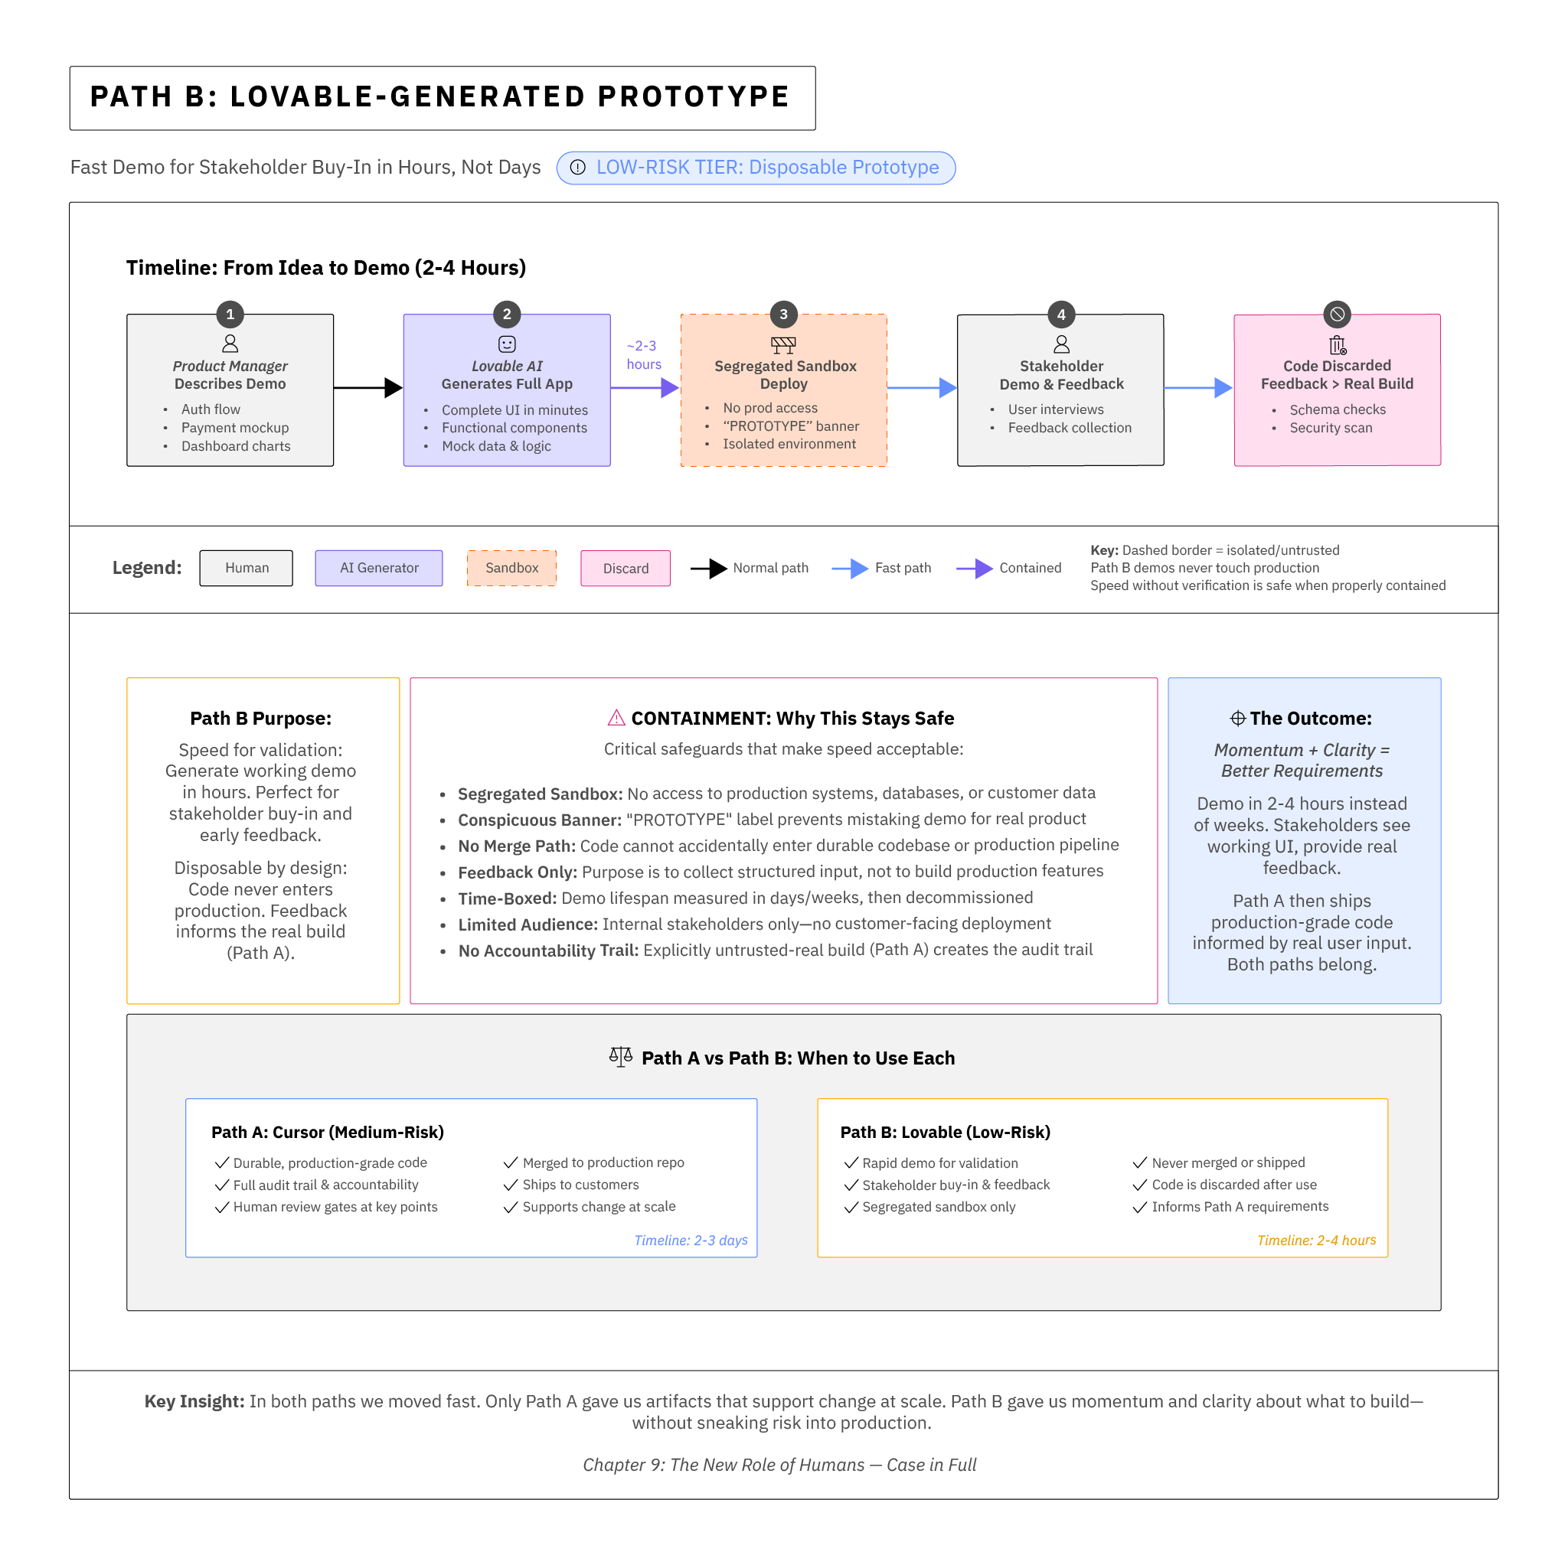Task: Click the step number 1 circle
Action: (230, 314)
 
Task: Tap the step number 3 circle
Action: (783, 314)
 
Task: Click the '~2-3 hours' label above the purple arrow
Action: (643, 354)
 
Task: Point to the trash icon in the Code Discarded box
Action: (1337, 345)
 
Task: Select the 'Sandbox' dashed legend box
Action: (511, 568)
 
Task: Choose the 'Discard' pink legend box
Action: (625, 568)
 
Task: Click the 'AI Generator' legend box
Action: (379, 568)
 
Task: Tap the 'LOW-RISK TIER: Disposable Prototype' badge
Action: (756, 168)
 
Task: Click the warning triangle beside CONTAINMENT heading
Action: (616, 718)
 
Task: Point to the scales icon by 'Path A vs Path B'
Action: (620, 1056)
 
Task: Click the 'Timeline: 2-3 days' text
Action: (691, 1240)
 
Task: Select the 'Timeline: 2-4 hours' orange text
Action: (1315, 1240)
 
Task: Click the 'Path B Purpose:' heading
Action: (260, 718)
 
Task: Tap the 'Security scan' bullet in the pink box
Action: (1330, 428)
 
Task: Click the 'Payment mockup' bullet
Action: (234, 428)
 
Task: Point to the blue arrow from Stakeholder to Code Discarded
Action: (1198, 388)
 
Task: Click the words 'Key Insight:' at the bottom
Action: (194, 1401)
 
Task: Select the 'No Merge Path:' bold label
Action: (516, 846)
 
